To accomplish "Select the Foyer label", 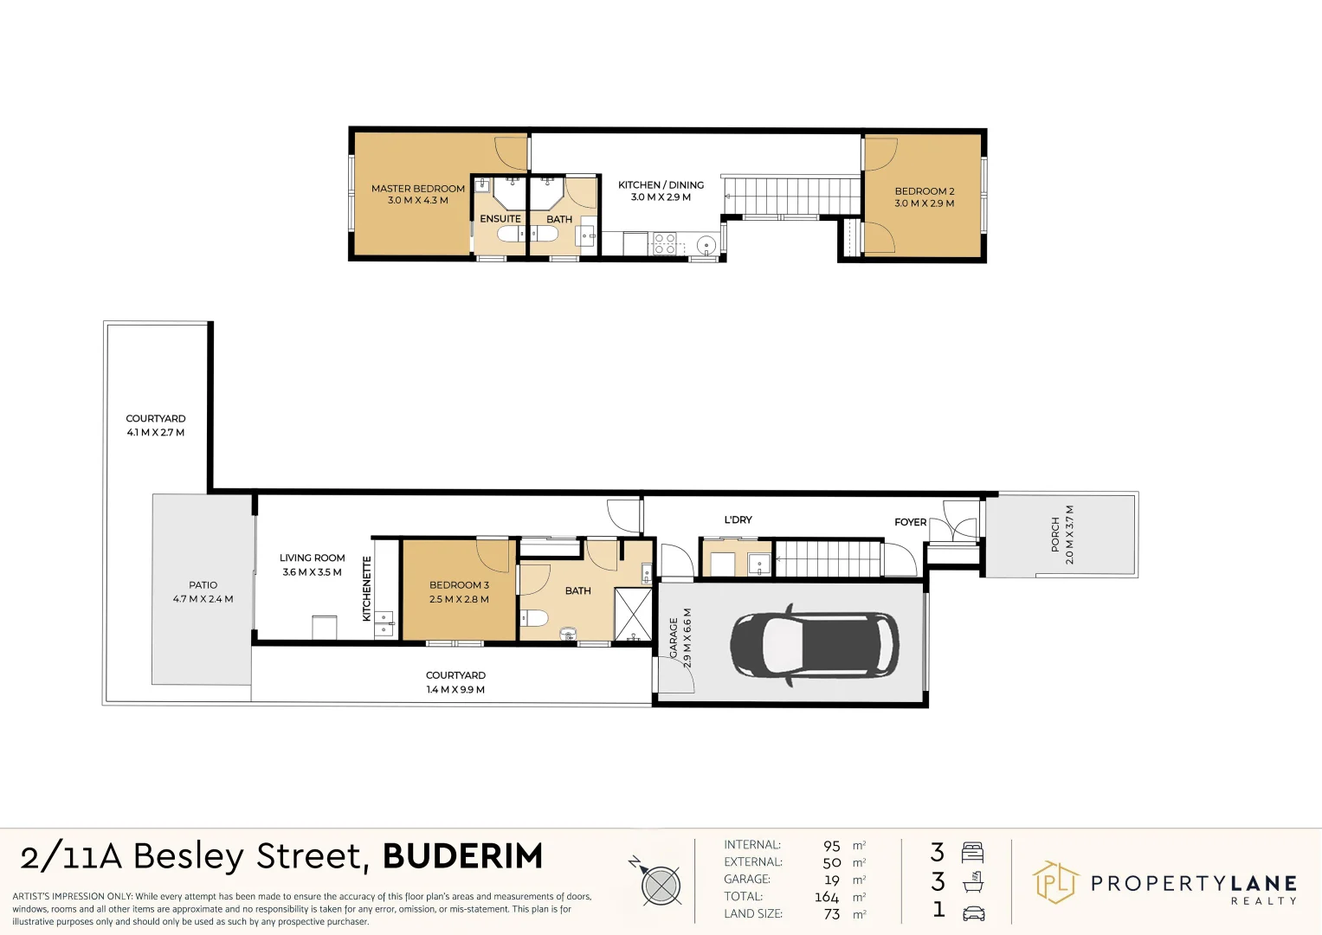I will pos(910,522).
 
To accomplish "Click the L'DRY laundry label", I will pos(738,520).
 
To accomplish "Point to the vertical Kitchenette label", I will pos(367,589).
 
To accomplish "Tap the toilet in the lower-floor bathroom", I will pos(533,617).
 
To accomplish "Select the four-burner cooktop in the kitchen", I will pos(664,243).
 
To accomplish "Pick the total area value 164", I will pos(826,897).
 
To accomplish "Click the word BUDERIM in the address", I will pos(462,856).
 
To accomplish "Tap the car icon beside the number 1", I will pos(973,912).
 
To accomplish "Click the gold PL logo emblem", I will pos(1054,882).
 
